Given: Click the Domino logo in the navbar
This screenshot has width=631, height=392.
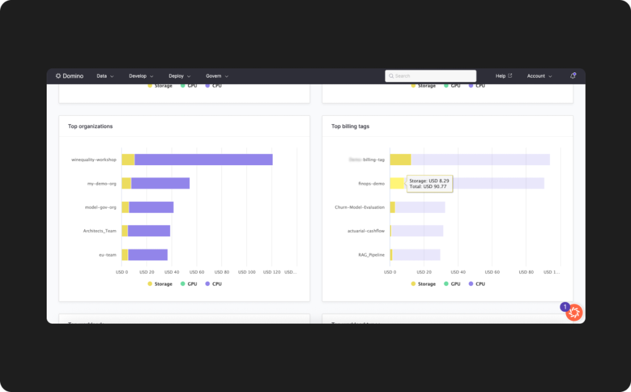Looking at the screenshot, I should (70, 76).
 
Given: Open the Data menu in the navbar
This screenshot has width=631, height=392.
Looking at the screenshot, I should (105, 76).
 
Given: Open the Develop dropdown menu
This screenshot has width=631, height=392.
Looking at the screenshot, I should (141, 76).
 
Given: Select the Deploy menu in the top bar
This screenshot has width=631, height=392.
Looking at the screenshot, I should (179, 76).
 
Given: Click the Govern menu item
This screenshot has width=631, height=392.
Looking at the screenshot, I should (217, 76).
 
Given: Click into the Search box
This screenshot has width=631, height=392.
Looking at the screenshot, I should (431, 76).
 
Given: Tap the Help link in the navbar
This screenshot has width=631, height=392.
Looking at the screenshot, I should (503, 76).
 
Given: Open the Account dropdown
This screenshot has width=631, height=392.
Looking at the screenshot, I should (539, 76).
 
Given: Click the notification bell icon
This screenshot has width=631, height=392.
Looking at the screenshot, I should (573, 76).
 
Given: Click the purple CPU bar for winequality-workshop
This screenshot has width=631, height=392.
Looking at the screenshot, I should (203, 160).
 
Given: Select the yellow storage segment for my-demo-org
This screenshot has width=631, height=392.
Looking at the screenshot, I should (126, 184).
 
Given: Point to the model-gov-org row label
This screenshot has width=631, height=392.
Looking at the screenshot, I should (101, 207).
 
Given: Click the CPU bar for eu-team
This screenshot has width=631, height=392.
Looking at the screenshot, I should (148, 255).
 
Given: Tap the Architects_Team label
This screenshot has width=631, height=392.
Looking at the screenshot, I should (99, 231).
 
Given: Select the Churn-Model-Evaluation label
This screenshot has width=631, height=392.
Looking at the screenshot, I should (360, 207).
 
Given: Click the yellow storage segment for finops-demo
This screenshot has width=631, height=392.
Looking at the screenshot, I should (397, 184).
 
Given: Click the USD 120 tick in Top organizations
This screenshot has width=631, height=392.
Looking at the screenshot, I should (272, 272).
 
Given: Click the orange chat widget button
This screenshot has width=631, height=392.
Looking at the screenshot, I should (574, 313).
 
